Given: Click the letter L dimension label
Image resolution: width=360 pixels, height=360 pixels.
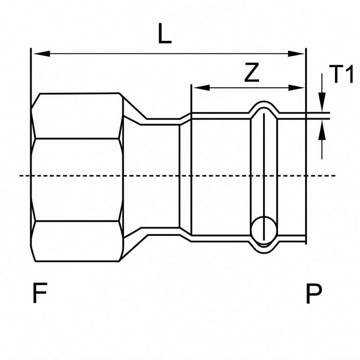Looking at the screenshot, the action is [x=165, y=34].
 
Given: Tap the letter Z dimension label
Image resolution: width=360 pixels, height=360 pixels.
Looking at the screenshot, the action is [x=252, y=72].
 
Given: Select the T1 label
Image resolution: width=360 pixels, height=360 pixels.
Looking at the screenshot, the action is [x=341, y=74].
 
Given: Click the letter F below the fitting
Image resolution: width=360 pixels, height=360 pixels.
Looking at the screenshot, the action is [x=40, y=293].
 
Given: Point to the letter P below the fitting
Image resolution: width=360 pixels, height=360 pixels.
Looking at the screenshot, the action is [x=314, y=293].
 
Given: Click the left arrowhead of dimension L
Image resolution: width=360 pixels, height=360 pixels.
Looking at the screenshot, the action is [x=41, y=54].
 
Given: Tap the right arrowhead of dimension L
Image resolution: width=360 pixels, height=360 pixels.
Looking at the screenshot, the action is [x=296, y=54].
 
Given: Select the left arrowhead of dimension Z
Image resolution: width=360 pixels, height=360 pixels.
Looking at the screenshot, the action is [x=201, y=88].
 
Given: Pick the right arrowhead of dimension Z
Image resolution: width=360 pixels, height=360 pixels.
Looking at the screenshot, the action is [x=296, y=88].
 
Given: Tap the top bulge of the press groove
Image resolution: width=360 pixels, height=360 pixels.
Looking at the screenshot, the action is [x=264, y=102].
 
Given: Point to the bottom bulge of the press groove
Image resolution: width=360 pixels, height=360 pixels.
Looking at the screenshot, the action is [x=264, y=253].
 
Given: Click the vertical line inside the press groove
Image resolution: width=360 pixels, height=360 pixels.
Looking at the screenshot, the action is [x=264, y=177].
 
